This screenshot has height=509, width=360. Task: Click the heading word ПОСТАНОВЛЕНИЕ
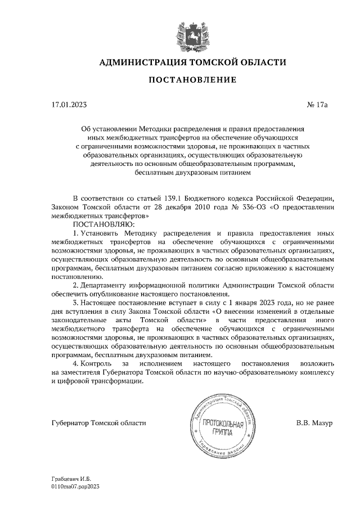click(192, 80)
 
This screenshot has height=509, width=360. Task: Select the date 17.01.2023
click(69, 105)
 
